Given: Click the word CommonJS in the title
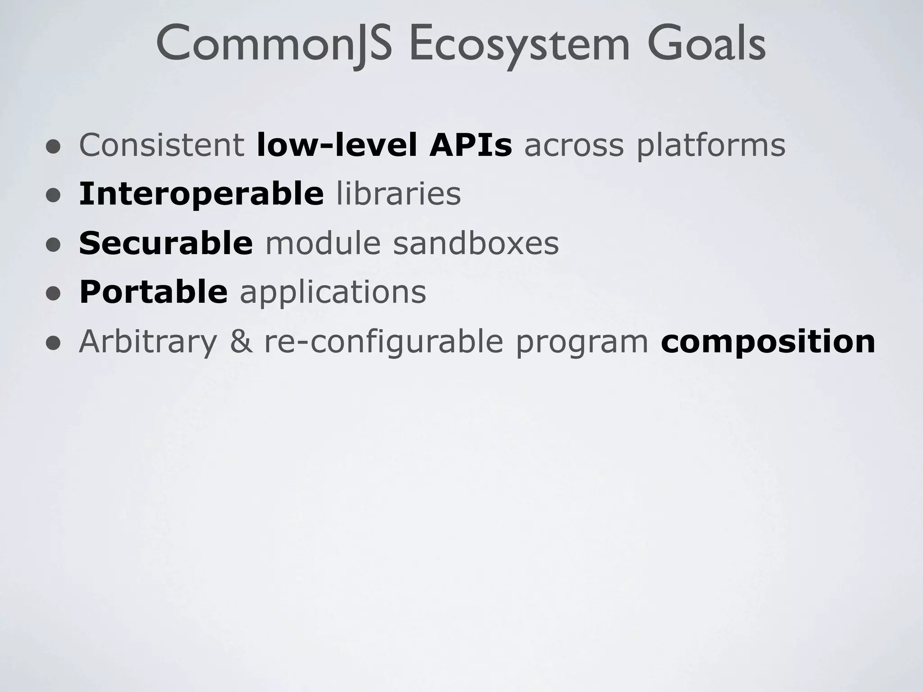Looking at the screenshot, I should tap(274, 44).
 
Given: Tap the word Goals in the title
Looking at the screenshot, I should tap(706, 44).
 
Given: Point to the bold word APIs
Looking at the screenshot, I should tap(471, 145).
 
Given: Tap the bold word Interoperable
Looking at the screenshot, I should tap(201, 194).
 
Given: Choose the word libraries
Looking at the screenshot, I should tap(398, 194).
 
